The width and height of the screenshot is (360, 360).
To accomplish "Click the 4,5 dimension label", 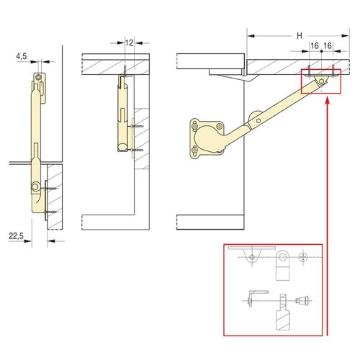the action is (22, 56).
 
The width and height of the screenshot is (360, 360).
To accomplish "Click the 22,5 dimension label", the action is (16, 236).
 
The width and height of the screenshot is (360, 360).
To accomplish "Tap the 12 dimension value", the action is (129, 43).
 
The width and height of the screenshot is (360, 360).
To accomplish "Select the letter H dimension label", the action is (300, 36).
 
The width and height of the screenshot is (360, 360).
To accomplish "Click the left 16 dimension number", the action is (315, 45).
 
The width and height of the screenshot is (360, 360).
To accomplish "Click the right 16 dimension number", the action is (328, 45).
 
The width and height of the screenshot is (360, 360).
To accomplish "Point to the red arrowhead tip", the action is (327, 97).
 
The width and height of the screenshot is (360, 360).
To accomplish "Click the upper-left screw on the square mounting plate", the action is (195, 125).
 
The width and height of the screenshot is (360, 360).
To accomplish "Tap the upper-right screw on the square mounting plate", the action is (219, 127).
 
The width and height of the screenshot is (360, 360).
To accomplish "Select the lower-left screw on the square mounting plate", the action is (195, 150).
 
